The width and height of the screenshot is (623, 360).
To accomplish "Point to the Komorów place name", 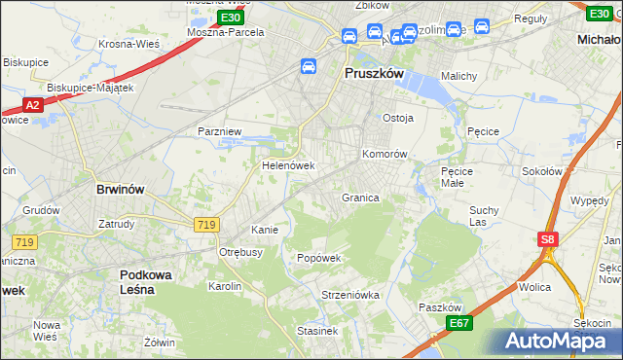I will tap(384, 155).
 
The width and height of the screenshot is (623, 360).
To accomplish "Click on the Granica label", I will tap(359, 198).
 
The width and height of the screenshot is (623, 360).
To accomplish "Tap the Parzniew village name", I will tap(218, 130).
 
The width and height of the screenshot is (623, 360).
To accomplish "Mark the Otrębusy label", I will tap(241, 252).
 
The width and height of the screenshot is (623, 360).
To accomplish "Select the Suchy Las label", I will tap(484, 215).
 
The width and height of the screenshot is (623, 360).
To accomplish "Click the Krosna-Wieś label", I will tap(128, 44).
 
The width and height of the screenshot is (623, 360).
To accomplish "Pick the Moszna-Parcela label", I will tap(226, 32).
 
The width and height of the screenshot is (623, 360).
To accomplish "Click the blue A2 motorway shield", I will tap(32, 105).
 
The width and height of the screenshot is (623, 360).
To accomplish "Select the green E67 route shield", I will tap(459, 323).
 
